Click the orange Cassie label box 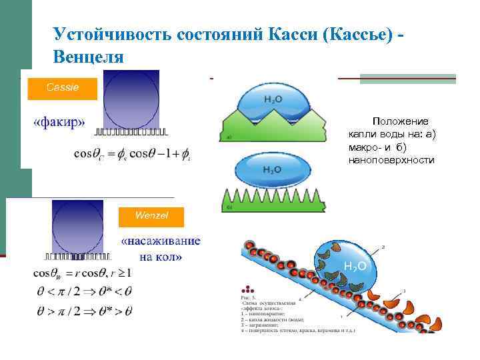pyautogui.click(x=62, y=88)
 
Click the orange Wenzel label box pyautogui.click(x=151, y=216)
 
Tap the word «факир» pyautogui.click(x=59, y=122)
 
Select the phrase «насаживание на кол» pyautogui.click(x=160, y=249)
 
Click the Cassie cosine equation pyautogui.click(x=131, y=153)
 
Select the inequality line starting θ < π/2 pyautogui.click(x=83, y=291)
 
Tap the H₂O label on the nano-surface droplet pyautogui.click(x=272, y=169)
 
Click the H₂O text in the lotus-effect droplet pyautogui.click(x=354, y=266)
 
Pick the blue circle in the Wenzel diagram pyautogui.click(x=78, y=227)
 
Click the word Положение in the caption pyautogui.click(x=400, y=121)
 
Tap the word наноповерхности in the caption pyautogui.click(x=391, y=160)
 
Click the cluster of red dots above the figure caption pyautogui.click(x=249, y=291)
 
